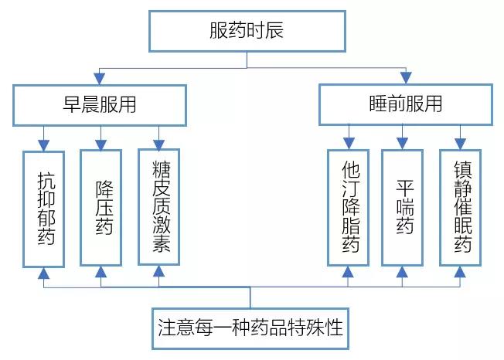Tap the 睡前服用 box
[406, 104]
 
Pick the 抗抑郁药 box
[44, 207]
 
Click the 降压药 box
[101, 207]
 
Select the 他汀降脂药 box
[348, 207]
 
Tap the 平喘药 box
[402, 207]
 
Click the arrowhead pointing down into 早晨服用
[97, 79]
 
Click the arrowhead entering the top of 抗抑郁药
[44, 144]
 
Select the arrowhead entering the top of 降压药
[101, 144]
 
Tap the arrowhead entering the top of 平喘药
[402, 144]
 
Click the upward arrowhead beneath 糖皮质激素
[158, 271]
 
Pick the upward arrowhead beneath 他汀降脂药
[348, 271]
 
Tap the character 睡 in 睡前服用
[379, 104]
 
